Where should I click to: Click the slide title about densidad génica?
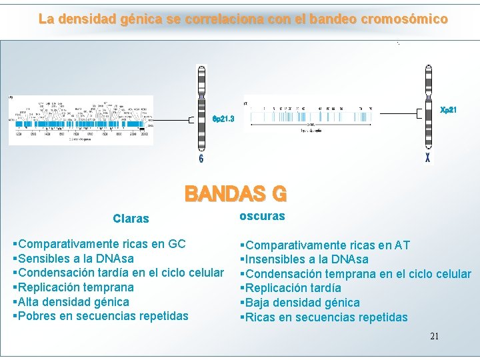point(243,19)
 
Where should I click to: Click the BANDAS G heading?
point(235,194)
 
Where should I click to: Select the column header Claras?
point(131,219)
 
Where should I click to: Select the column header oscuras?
point(262,216)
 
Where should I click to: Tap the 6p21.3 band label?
point(223,119)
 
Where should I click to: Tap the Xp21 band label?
point(449,109)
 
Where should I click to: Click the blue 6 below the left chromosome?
point(201,159)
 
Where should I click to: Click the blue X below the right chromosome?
point(427,159)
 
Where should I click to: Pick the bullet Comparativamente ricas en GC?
point(99,244)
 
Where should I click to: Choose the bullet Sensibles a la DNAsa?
point(73,259)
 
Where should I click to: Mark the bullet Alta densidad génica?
point(71,302)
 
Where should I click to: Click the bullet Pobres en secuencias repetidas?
point(101,316)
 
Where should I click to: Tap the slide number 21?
point(434,336)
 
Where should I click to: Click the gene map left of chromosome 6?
point(81,120)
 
